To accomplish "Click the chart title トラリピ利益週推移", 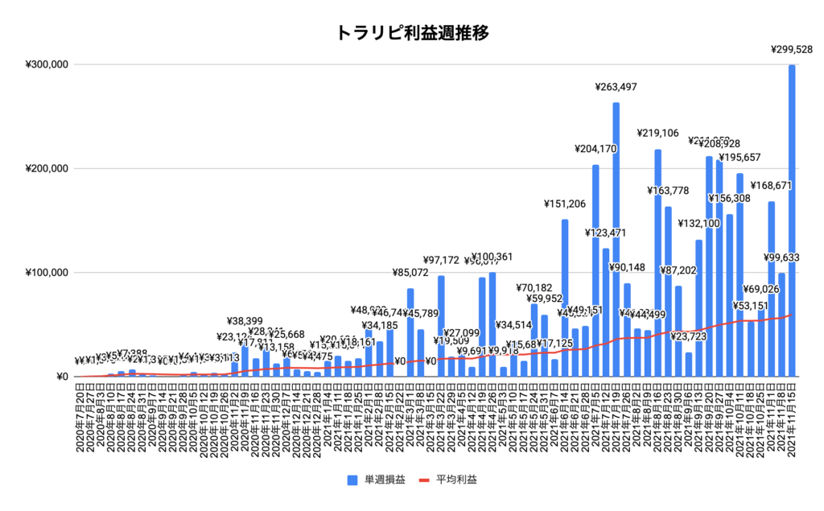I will (x=411, y=33).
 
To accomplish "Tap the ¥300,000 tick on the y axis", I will (x=47, y=64).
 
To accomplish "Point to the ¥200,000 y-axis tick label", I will (x=47, y=168).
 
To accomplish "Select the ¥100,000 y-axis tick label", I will (x=47, y=273).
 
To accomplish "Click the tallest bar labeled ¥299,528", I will (x=792, y=220).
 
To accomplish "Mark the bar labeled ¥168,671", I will (x=771, y=289).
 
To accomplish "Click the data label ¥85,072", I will (x=410, y=273).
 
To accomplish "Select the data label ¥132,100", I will (x=699, y=224).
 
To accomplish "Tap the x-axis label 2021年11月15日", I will (x=793, y=418).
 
